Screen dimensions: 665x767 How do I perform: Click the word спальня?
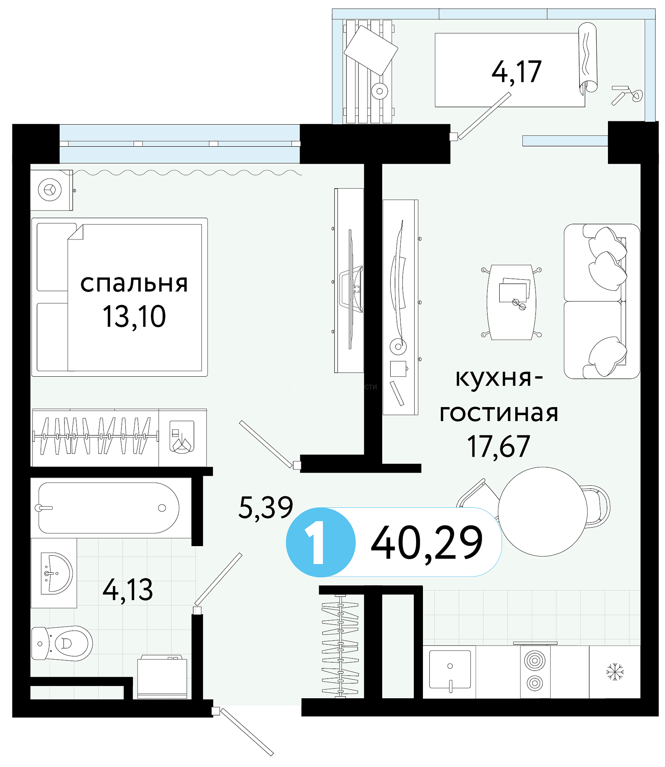pyautogui.click(x=134, y=284)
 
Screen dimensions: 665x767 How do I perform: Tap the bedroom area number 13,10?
pyautogui.click(x=134, y=316)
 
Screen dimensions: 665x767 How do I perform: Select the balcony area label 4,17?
pyautogui.click(x=516, y=72)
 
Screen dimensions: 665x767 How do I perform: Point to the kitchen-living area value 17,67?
pyautogui.click(x=498, y=446)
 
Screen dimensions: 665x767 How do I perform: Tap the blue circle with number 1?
pyautogui.click(x=321, y=542)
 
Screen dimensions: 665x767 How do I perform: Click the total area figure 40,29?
pyautogui.click(x=427, y=543)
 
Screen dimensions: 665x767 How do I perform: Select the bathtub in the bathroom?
pyautogui.click(x=109, y=508)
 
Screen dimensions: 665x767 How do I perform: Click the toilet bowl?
pyautogui.click(x=62, y=643)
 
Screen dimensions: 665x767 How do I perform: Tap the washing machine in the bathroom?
pyautogui.click(x=162, y=677)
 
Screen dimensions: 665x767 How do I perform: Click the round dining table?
pyautogui.click(x=542, y=511)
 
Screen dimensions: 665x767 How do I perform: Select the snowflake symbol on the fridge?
pyautogui.click(x=615, y=672)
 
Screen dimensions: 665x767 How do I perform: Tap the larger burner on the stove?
pyautogui.click(x=535, y=661)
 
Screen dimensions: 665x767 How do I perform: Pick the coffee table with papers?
pyautogui.click(x=512, y=302)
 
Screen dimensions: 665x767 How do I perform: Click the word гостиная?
pyautogui.click(x=498, y=413)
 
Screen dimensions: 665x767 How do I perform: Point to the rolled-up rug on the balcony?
pyautogui.click(x=588, y=58)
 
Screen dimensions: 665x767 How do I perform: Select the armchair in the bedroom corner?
pyautogui.click(x=51, y=190)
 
